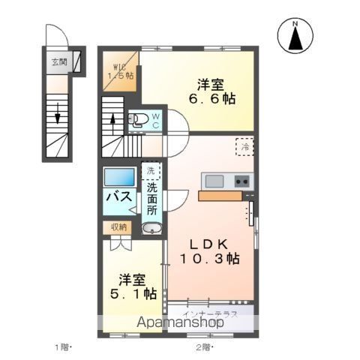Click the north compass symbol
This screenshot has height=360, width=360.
click(x=295, y=37)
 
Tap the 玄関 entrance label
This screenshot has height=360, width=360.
click(x=59, y=62)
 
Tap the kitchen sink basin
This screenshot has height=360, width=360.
click(x=213, y=181)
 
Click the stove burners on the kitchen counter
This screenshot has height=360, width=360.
click(x=241, y=181)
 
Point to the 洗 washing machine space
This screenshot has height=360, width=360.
click(x=151, y=171)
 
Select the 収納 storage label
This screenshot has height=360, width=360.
click(x=120, y=226)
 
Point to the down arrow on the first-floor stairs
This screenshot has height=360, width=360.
click(x=58, y=119)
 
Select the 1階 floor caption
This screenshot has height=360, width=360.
click(x=62, y=346)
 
